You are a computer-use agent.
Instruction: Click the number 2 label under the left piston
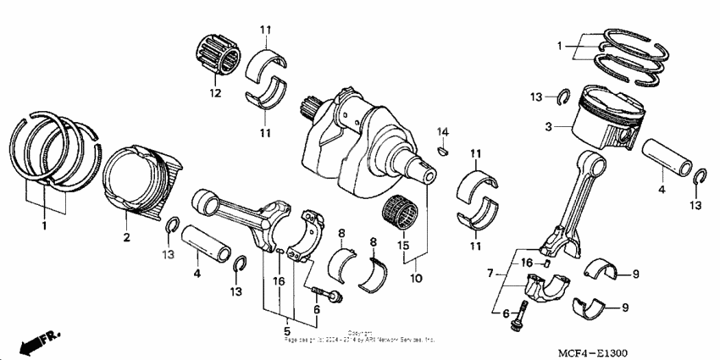pyautogui.click(x=125, y=238)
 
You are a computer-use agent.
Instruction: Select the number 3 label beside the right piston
pyautogui.click(x=548, y=127)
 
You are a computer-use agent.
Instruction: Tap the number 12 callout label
pyautogui.click(x=215, y=92)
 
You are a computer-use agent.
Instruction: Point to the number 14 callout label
pyautogui.click(x=442, y=131)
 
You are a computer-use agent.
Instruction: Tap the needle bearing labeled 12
pyautogui.click(x=215, y=57)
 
